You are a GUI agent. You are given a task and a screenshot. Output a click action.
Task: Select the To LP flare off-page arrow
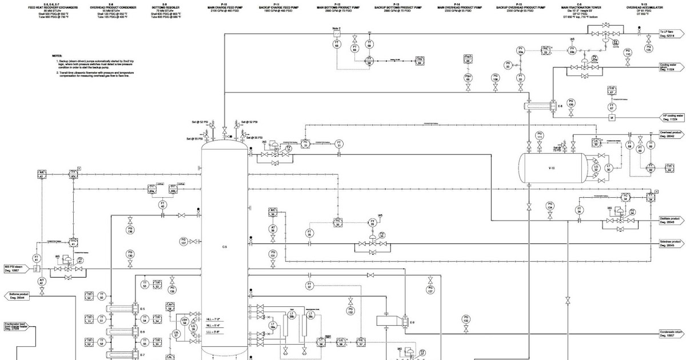point(669,33)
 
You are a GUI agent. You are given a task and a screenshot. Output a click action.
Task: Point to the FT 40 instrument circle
point(162,204)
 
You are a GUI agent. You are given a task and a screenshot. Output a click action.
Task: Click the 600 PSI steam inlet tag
point(15,268)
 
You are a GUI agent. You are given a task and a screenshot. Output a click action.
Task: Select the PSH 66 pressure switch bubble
point(468,77)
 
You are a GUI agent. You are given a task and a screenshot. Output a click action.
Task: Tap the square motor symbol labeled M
point(611,117)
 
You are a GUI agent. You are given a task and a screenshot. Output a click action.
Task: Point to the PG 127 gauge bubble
point(184,241)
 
